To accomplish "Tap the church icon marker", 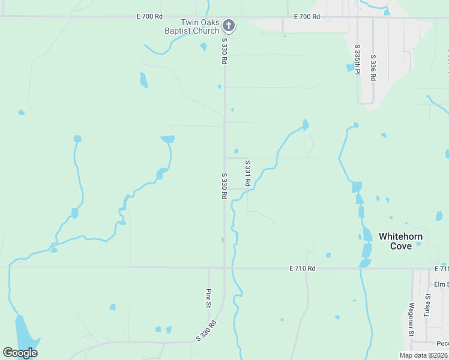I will point(228,25).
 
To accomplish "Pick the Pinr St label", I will point(208,298).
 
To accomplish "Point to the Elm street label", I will point(441,284).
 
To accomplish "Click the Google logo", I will point(20,353).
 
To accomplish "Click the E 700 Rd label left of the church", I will point(149,16).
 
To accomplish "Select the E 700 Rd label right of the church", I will point(307,17).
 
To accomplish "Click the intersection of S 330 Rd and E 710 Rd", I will point(225,268).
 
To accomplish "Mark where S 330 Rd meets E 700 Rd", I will point(225,17).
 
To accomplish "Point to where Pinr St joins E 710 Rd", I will point(208,268).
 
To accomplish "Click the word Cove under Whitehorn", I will point(400,246).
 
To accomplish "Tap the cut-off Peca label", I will point(442,343).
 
